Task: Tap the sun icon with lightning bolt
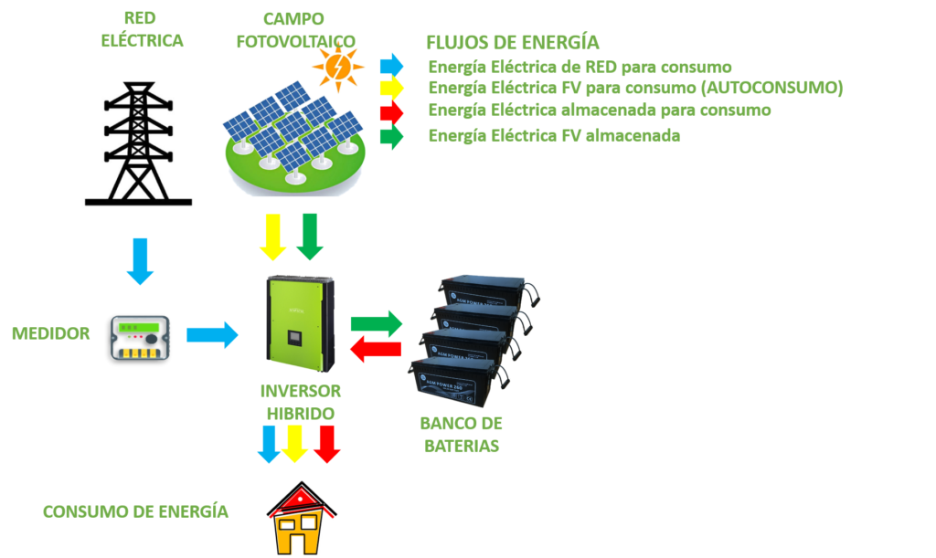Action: (336, 68)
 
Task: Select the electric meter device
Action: (141, 336)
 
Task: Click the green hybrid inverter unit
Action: (299, 320)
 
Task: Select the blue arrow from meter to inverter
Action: (212, 335)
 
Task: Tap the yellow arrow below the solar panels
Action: (273, 237)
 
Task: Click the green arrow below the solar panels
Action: (309, 237)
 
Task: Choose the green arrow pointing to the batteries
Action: (376, 323)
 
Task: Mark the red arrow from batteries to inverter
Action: (377, 348)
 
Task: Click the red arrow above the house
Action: (326, 444)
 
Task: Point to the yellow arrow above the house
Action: (294, 444)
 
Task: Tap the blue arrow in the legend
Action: (391, 64)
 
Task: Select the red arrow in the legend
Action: (391, 111)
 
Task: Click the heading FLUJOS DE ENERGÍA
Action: (513, 43)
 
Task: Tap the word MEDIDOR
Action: (50, 333)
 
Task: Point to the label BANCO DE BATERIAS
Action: (461, 436)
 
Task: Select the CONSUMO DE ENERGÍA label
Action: (135, 511)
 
